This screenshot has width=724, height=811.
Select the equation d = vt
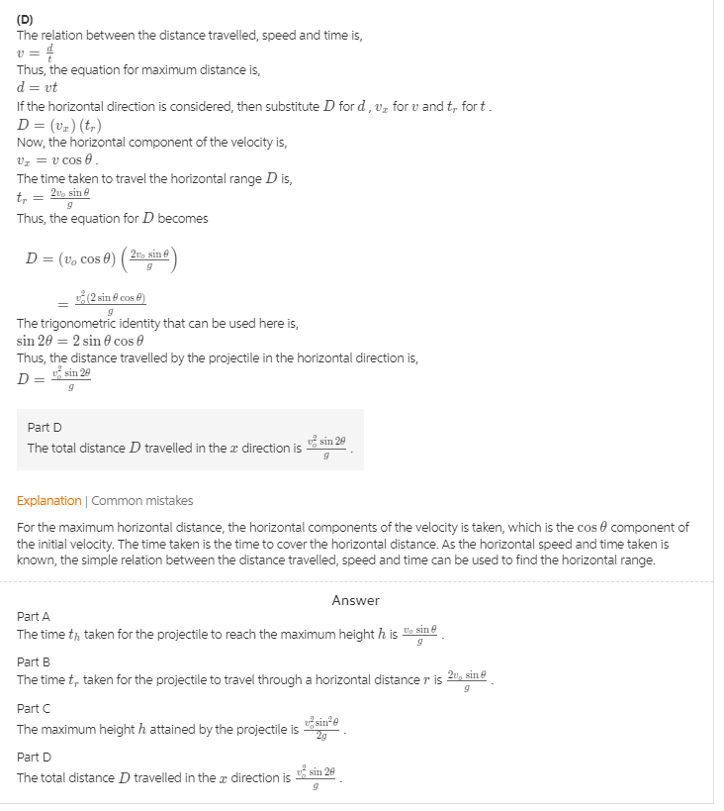click(x=38, y=87)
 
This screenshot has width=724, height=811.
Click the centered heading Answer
click(x=355, y=600)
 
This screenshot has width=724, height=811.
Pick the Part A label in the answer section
click(x=34, y=616)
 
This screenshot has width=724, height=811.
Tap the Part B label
click(x=34, y=661)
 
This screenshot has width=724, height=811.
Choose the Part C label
click(x=34, y=708)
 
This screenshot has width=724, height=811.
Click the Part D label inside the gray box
click(x=45, y=427)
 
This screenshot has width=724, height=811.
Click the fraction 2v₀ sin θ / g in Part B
click(x=467, y=680)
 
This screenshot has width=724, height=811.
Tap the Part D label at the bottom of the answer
click(x=34, y=758)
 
